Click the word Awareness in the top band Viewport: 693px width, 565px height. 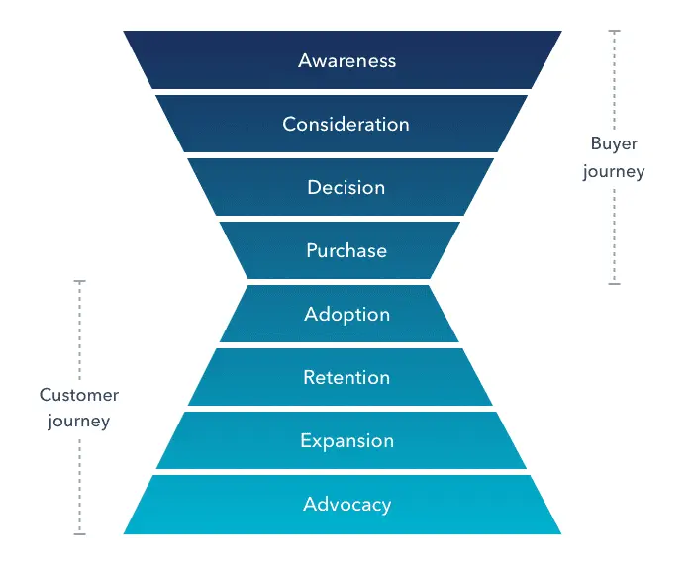346,60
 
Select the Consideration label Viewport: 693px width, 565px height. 346,124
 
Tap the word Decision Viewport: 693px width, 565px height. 346,187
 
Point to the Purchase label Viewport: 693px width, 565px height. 346,250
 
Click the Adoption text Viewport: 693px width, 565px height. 346,315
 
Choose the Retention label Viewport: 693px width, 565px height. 346,377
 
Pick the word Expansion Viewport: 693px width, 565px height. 346,440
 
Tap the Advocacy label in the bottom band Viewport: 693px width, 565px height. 346,504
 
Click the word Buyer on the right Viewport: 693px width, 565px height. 614,143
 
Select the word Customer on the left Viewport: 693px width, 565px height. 79,395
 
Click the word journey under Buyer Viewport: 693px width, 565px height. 614,171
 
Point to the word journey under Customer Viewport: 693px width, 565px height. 79,421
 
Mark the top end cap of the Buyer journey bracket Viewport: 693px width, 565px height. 614,31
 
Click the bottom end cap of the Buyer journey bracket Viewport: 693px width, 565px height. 614,284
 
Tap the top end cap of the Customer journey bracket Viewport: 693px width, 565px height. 80,281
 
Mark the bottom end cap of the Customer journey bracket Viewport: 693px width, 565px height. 80,534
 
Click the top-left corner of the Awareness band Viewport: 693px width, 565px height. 125,32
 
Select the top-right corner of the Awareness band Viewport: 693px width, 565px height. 561,32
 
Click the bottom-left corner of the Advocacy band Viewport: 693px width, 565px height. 125,533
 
